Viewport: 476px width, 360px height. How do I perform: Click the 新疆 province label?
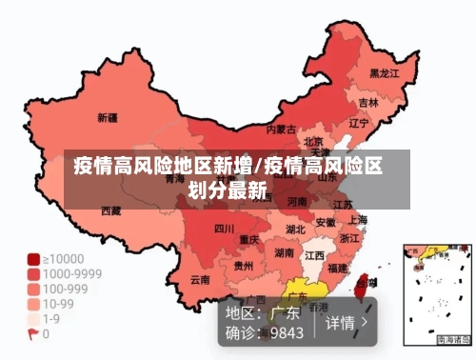pos(108,118)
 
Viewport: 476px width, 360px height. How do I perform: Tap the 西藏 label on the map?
pos(111,210)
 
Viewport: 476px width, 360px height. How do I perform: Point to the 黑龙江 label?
pos(384,72)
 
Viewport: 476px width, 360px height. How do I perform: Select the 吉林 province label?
pos(368,101)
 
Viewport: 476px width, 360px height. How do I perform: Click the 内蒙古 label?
pos(281,129)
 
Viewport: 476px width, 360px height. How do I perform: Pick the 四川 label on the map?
pos(224,229)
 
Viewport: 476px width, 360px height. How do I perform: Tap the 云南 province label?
pos(200,279)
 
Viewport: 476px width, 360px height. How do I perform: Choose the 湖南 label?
pos(284,253)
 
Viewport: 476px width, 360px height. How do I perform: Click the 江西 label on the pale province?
pos(314,256)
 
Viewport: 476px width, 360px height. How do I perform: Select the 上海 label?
pos(358,219)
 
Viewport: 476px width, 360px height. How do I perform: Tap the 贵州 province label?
pos(244,267)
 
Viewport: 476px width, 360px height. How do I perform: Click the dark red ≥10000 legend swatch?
pos(32,258)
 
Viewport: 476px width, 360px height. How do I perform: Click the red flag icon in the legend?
pos(32,334)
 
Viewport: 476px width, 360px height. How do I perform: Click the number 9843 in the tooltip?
pos(287,333)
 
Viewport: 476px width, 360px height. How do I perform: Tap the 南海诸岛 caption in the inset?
pos(452,339)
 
